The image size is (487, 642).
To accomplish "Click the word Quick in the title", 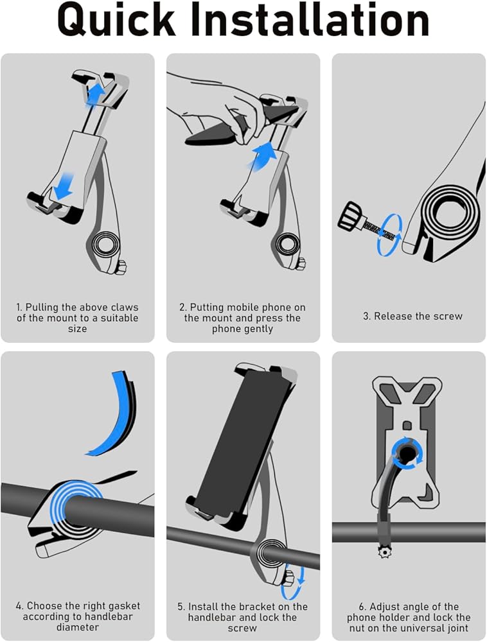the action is [116, 21].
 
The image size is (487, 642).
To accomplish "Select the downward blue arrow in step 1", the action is [64, 187].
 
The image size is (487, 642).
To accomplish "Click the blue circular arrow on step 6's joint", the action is [407, 454].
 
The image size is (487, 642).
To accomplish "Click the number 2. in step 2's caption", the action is [183, 308].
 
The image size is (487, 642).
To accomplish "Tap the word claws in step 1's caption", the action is [125, 308].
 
